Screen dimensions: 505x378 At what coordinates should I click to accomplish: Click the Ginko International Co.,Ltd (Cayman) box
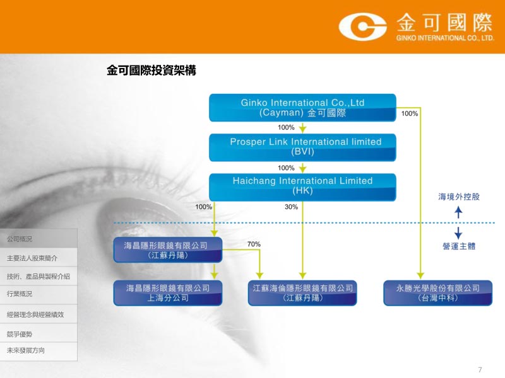pyautogui.click(x=302, y=108)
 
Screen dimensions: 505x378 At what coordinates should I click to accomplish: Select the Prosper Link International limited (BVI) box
pyautogui.click(x=302, y=147)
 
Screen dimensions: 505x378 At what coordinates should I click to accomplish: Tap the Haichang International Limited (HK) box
pyautogui.click(x=302, y=187)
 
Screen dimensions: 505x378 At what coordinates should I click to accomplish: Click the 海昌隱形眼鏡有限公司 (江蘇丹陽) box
pyautogui.click(x=168, y=249)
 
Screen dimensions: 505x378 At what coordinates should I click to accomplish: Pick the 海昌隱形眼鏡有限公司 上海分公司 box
pyautogui.click(x=168, y=293)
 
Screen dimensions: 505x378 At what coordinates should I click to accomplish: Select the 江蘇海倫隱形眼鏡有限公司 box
pyautogui.click(x=302, y=293)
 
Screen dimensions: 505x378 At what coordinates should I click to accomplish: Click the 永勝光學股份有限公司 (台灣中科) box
pyautogui.click(x=437, y=293)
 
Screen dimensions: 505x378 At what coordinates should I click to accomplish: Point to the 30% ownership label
pyautogui.click(x=291, y=207)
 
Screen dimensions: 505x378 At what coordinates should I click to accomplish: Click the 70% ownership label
pyautogui.click(x=254, y=244)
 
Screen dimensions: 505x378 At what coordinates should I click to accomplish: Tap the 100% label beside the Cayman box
pyautogui.click(x=409, y=113)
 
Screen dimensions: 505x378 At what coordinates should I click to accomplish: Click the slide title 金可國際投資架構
pyautogui.click(x=151, y=71)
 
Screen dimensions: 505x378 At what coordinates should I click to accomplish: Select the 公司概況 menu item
pyautogui.click(x=20, y=239)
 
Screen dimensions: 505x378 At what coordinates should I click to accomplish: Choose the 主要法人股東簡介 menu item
pyautogui.click(x=32, y=258)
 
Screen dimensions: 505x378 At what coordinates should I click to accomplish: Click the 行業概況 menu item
pyautogui.click(x=20, y=294)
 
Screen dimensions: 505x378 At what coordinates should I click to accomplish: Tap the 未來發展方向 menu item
pyautogui.click(x=26, y=350)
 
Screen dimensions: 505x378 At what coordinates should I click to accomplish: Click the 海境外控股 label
pyautogui.click(x=459, y=197)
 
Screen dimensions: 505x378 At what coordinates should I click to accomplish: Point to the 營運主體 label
pyautogui.click(x=459, y=246)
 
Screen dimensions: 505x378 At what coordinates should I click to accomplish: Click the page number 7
pyautogui.click(x=480, y=370)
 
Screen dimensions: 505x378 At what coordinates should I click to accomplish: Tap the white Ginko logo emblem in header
pyautogui.click(x=362, y=26)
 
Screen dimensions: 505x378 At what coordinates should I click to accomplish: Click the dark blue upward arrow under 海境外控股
pyautogui.click(x=458, y=212)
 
